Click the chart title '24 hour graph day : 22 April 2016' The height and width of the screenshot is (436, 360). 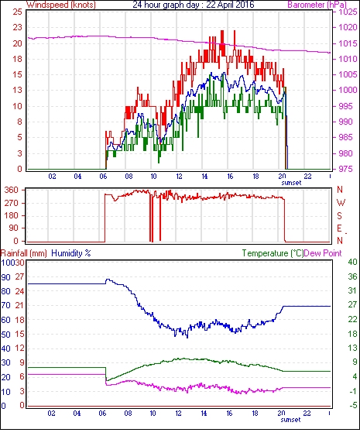[194, 5]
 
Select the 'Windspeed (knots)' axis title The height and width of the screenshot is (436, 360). [61, 5]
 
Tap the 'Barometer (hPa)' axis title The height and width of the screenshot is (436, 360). [317, 5]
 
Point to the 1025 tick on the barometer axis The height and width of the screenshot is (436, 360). [348, 12]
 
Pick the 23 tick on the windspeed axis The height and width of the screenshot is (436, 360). [17, 28]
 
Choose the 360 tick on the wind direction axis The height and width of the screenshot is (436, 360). [12, 191]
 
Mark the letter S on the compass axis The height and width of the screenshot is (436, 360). [339, 215]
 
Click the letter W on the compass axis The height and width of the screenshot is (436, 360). [341, 203]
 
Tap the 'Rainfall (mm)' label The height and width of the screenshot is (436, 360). [24, 253]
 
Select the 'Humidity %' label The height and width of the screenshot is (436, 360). [71, 253]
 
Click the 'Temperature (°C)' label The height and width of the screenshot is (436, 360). [273, 253]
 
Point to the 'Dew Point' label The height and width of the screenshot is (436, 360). [323, 253]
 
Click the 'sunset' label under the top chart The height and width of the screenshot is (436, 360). [291, 183]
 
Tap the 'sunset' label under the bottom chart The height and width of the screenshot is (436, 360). [290, 420]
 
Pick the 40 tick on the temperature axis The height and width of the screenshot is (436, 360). [352, 262]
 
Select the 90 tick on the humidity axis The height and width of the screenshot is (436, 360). [6, 277]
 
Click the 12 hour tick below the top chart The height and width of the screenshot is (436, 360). [179, 177]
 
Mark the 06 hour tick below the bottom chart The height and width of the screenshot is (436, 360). [102, 414]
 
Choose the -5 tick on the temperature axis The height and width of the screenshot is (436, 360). [352, 406]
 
